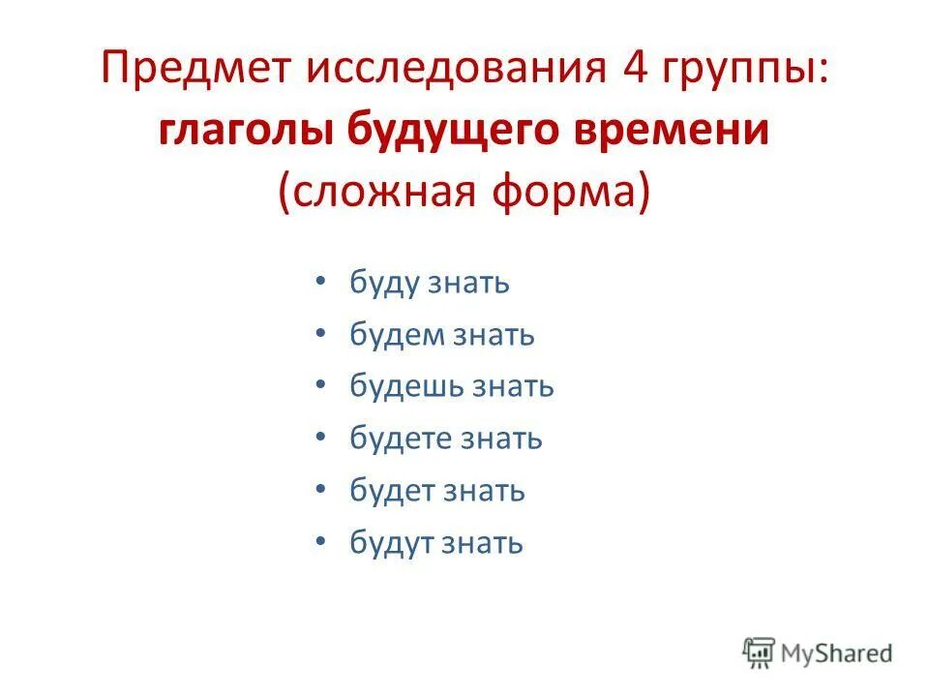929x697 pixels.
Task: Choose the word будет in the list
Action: click(392, 491)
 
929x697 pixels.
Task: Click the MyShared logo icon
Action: click(761, 653)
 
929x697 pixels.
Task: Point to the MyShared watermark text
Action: click(839, 653)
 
